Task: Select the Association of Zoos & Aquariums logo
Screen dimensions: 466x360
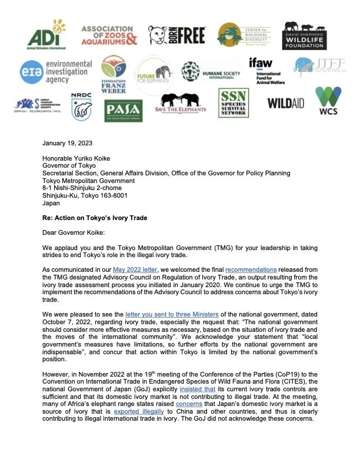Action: tap(109, 35)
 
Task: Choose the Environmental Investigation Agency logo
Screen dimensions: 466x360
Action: tap(52, 71)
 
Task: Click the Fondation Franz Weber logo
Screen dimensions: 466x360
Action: tap(113, 74)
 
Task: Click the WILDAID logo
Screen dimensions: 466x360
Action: tap(285, 104)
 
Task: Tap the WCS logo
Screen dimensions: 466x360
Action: tap(328, 101)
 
